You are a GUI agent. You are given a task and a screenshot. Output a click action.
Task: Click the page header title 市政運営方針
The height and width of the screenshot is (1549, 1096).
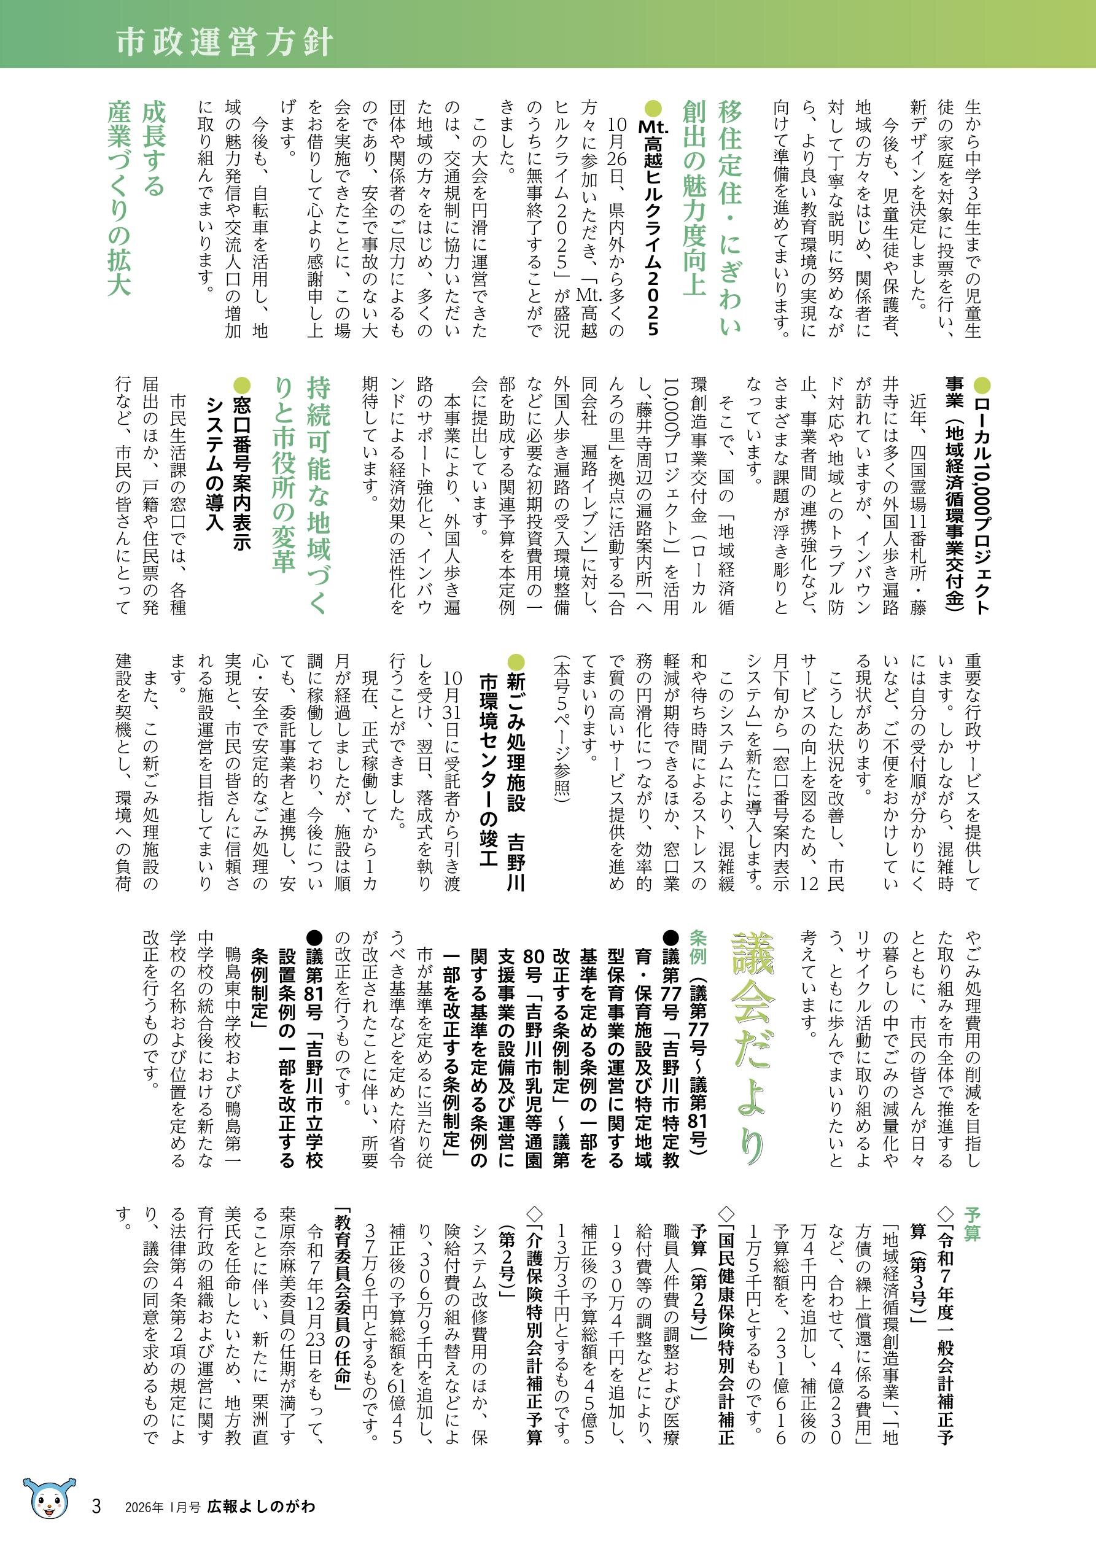[x=224, y=42]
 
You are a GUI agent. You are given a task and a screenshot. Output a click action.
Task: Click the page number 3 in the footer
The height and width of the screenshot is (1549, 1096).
[x=96, y=1507]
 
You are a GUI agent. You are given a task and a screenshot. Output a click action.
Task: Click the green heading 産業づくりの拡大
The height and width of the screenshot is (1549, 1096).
[x=120, y=198]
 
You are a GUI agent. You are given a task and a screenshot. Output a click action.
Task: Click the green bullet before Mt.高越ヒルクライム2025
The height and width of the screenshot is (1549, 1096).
[x=653, y=108]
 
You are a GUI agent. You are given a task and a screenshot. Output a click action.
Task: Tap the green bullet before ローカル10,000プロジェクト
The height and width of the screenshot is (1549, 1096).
[x=981, y=386]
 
